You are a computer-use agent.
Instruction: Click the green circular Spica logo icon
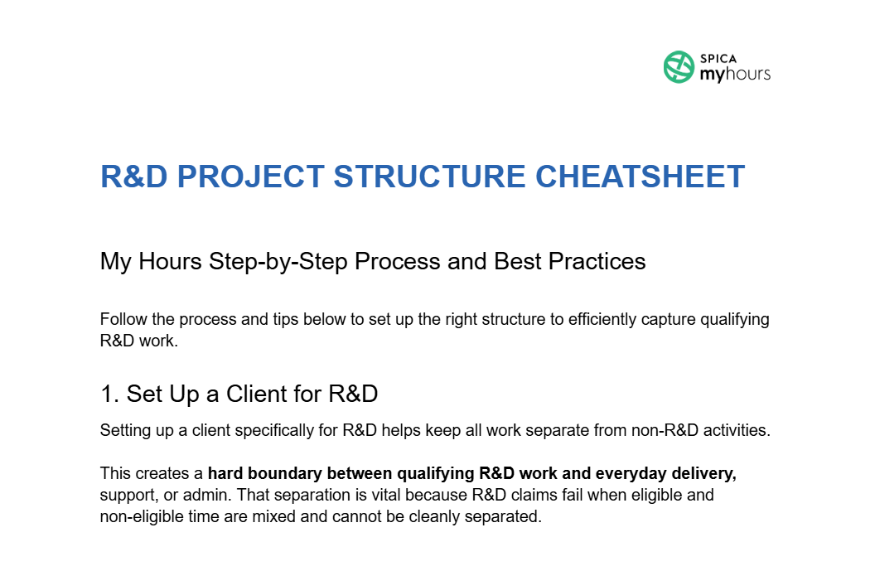point(679,67)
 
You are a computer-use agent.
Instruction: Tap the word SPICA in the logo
point(718,60)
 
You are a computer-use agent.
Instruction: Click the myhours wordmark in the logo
point(735,75)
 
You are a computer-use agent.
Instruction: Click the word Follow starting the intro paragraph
point(121,320)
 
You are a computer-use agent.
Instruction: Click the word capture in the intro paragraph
point(666,320)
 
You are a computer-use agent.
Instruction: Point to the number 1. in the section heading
point(109,394)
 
